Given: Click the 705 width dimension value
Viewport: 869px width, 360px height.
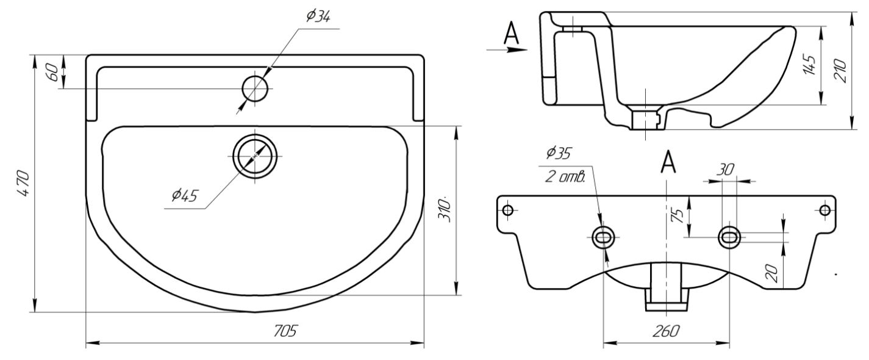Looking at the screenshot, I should click(x=285, y=331).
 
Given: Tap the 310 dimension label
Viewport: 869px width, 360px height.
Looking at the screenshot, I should click(x=445, y=209).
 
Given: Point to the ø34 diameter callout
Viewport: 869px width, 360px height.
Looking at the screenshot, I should click(x=318, y=16).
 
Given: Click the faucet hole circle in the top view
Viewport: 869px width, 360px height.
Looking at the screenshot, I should click(x=255, y=89).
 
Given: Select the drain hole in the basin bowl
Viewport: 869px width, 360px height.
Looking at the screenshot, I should click(x=255, y=156).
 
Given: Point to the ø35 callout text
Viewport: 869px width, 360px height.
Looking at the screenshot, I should click(x=560, y=151).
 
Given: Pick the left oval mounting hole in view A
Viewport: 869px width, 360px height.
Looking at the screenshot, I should click(x=604, y=237).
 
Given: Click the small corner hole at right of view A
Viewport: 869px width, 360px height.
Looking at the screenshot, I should click(x=824, y=211).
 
